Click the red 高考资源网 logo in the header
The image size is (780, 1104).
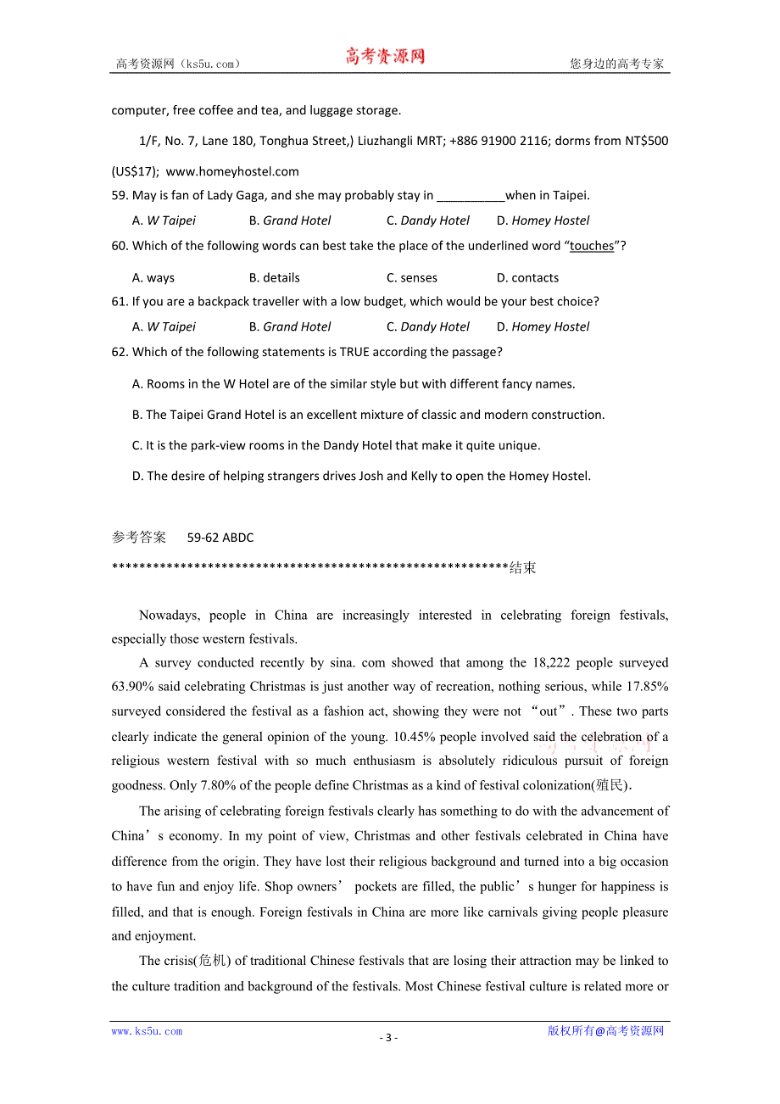coord(384,57)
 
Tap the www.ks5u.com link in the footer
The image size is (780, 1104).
coord(147,1031)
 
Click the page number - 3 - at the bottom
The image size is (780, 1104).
coord(388,1038)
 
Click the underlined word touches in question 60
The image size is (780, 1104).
coord(592,246)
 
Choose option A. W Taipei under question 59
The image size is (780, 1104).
coord(164,220)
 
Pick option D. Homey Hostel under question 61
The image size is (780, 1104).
coord(543,326)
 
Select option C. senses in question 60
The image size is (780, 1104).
coord(412,277)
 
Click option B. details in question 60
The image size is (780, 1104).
coord(275,277)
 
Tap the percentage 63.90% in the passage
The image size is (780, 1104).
coord(131,686)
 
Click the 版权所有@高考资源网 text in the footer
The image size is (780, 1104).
coord(605,1031)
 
